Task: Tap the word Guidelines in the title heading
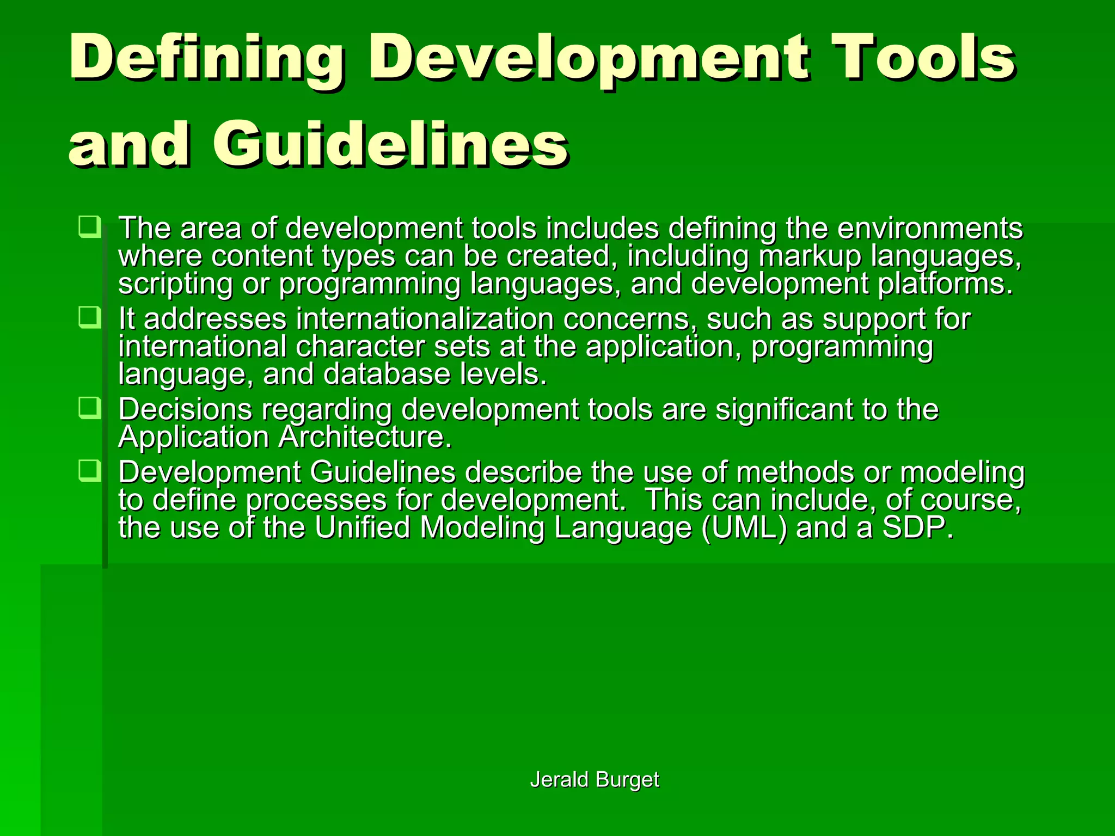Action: pos(390,144)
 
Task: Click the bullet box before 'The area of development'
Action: pos(89,226)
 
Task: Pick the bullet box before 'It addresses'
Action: pos(89,317)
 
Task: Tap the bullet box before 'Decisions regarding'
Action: pos(89,408)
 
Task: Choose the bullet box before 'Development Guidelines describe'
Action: pos(89,471)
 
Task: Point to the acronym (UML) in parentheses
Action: pos(744,528)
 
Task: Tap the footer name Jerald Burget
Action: pos(595,779)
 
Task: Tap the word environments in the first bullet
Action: pos(930,228)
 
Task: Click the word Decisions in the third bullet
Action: pos(185,409)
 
